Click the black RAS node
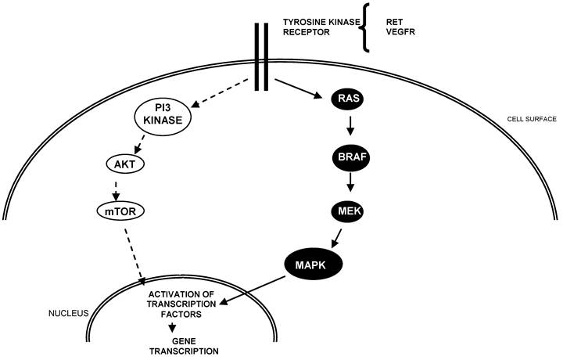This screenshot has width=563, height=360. pyautogui.click(x=346, y=99)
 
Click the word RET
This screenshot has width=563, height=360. pyautogui.click(x=396, y=21)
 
